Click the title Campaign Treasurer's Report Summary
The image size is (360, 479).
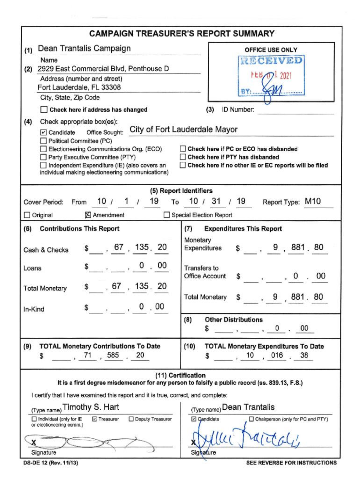tap(181, 34)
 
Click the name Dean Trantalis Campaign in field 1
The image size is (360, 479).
tap(84, 49)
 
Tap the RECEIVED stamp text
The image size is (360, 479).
tap(271, 61)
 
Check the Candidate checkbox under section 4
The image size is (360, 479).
tap(44, 132)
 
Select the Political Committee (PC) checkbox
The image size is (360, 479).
tap(44, 141)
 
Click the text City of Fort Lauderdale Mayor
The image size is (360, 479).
tap(183, 130)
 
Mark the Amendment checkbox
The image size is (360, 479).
tap(87, 215)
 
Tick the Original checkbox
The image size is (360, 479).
tap(27, 215)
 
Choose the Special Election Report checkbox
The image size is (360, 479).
tap(166, 215)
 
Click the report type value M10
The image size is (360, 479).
tap(313, 202)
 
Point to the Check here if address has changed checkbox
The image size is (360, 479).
tap(44, 110)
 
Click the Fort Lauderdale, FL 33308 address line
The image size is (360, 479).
tap(79, 88)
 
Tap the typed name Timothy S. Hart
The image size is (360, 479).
tap(91, 407)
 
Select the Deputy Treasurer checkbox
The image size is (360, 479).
tap(131, 419)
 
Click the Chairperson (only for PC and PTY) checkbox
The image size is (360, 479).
tap(252, 419)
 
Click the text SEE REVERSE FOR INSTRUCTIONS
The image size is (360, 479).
tap(291, 463)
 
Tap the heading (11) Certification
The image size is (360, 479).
tap(180, 375)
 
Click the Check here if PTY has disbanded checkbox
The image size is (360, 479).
tap(183, 157)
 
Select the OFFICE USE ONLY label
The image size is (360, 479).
tap(271, 50)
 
